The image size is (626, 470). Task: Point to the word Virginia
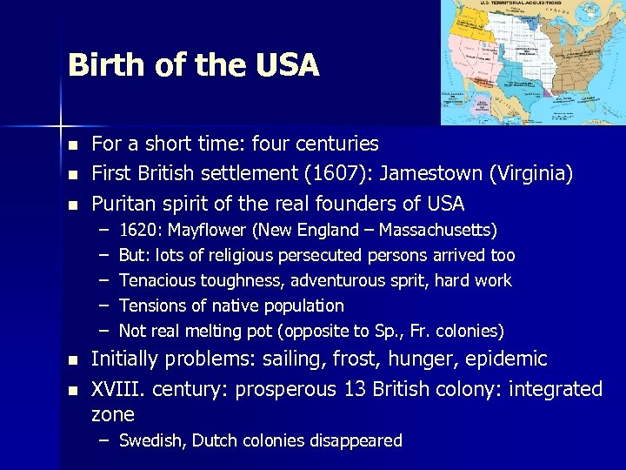click(530, 173)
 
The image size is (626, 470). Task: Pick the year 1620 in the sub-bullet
click(139, 231)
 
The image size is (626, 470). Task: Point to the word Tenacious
click(156, 281)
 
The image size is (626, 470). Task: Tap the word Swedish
click(151, 441)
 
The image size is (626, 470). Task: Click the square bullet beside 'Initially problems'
click(74, 359)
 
